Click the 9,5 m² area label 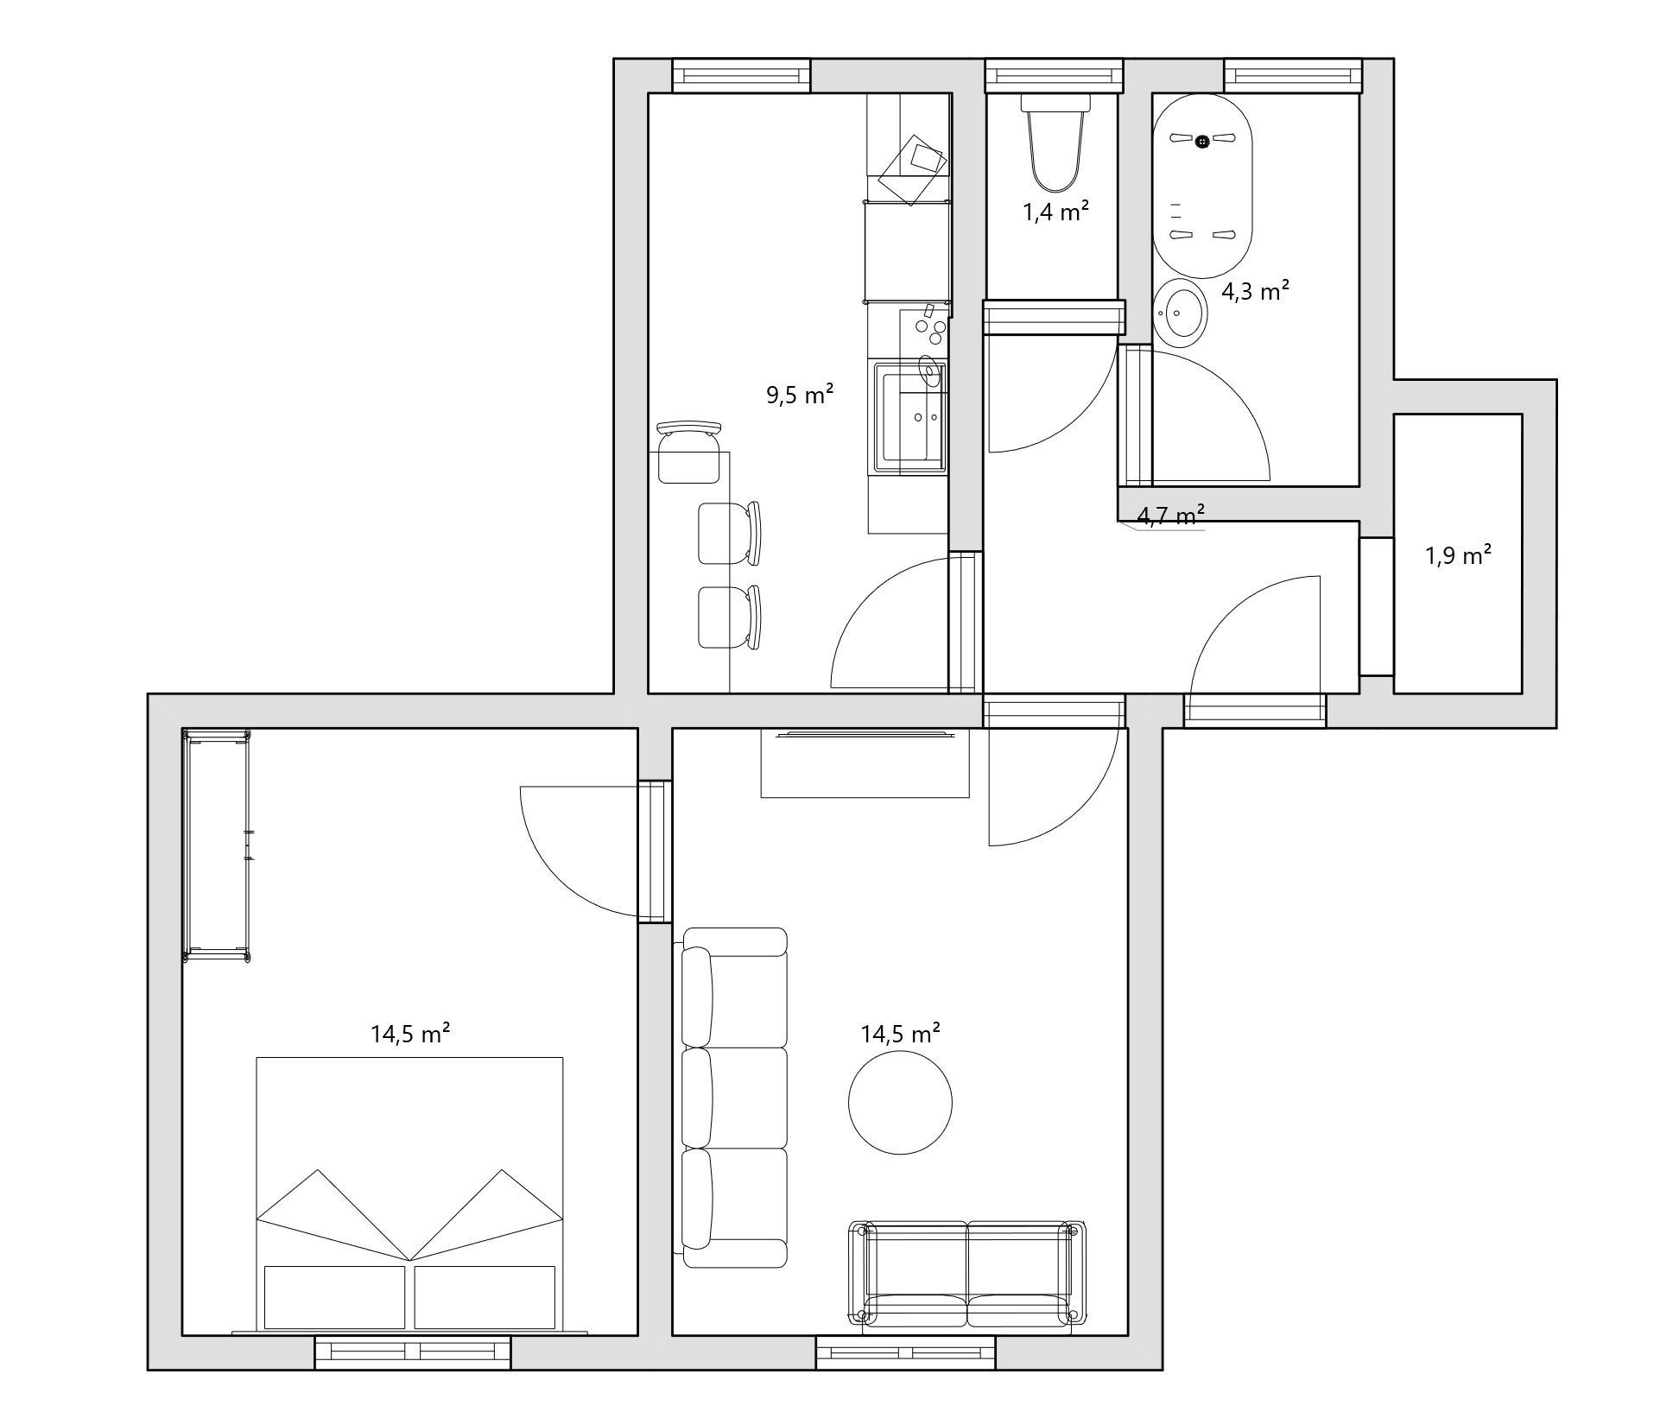(x=800, y=395)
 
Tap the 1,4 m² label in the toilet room (x=1055, y=212)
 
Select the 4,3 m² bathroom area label (x=1255, y=291)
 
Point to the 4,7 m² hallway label (x=1170, y=516)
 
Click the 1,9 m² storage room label (x=1458, y=555)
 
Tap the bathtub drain (x=1202, y=141)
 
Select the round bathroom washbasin (x=1181, y=313)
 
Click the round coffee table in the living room (x=900, y=1103)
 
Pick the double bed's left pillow (x=334, y=1296)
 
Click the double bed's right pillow (x=485, y=1296)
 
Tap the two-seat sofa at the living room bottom (x=967, y=1273)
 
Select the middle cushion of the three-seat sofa (x=735, y=1098)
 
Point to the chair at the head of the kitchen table (x=689, y=453)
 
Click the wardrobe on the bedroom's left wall (x=217, y=845)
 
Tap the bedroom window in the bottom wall (x=413, y=1352)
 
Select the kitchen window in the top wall (x=742, y=76)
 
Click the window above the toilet (x=1055, y=76)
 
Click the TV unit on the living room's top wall (x=865, y=763)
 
